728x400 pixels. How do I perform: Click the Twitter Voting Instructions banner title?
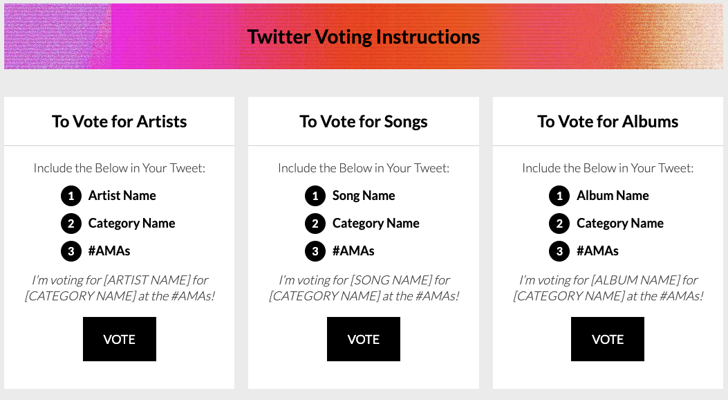coord(364,37)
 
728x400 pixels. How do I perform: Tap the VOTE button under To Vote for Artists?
coord(120,339)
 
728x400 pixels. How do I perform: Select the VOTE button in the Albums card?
coord(608,339)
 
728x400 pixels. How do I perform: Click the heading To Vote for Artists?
coord(120,122)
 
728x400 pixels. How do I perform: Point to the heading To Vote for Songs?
coord(364,122)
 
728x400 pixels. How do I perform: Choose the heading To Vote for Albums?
coord(608,122)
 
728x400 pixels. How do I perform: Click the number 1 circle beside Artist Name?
coord(71,196)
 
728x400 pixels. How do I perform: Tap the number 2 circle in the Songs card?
coord(315,224)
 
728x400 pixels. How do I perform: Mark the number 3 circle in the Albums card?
coord(559,251)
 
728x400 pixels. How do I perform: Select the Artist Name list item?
coord(122,196)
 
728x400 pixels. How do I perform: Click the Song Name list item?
coord(364,196)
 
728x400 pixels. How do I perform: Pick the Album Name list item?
coord(613,196)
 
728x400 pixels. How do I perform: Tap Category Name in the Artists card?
coord(132,224)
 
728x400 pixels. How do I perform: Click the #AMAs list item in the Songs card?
coord(353,251)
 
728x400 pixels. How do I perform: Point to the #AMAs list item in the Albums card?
coord(597,251)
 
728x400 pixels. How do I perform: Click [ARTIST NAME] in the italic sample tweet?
coord(147,280)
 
